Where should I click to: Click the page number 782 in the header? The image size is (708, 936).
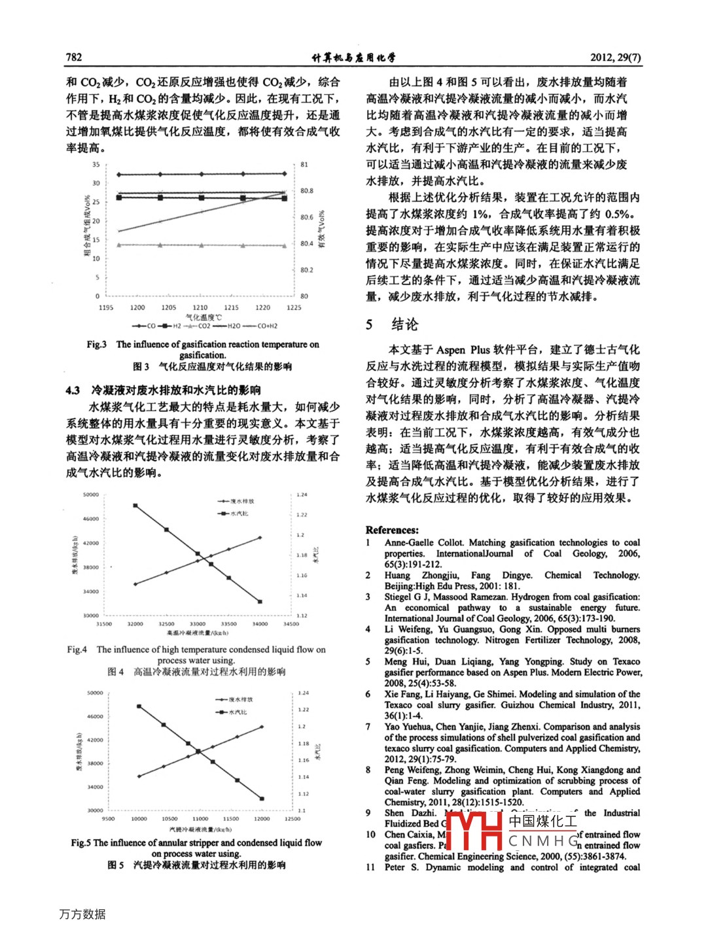(x=74, y=57)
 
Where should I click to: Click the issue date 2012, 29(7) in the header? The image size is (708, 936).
(x=615, y=57)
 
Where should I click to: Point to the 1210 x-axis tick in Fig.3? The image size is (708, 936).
(x=200, y=307)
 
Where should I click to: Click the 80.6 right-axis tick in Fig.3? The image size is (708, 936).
(x=306, y=217)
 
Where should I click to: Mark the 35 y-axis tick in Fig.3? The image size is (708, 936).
(x=96, y=165)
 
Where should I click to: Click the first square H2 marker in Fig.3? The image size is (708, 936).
(x=118, y=198)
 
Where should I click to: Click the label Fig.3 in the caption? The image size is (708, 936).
(x=96, y=345)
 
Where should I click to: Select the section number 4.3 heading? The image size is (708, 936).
(x=73, y=390)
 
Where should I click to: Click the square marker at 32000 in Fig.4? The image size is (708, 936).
(x=135, y=506)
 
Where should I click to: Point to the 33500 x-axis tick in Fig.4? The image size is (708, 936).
(x=228, y=624)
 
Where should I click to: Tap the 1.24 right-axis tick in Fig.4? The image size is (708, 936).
(x=302, y=495)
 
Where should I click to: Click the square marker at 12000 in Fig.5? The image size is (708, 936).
(x=262, y=799)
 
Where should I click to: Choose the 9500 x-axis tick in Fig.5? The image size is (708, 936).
(x=109, y=819)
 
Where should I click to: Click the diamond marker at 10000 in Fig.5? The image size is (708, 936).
(x=139, y=776)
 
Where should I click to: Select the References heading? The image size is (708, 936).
(x=392, y=530)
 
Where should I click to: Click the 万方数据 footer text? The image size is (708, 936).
(x=82, y=914)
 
